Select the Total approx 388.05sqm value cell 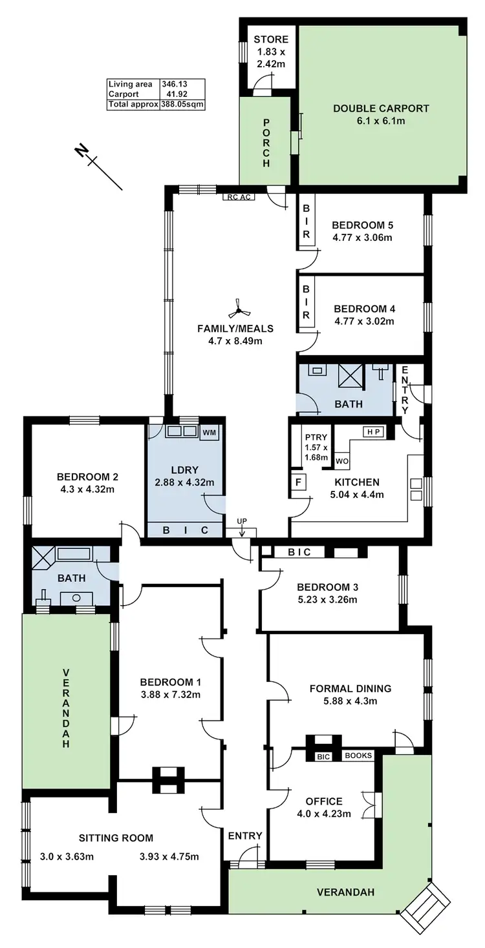pos(182,103)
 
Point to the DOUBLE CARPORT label pos(381,108)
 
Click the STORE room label pos(271,40)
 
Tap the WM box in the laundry pos(209,432)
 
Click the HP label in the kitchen pos(373,432)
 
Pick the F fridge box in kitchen pos(297,481)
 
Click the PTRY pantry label pos(316,437)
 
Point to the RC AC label pos(237,198)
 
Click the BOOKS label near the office pos(358,756)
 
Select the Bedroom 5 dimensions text pos(362,237)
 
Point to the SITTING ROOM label pos(116,838)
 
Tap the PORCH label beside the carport pos(266,143)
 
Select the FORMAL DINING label pos(350,688)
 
